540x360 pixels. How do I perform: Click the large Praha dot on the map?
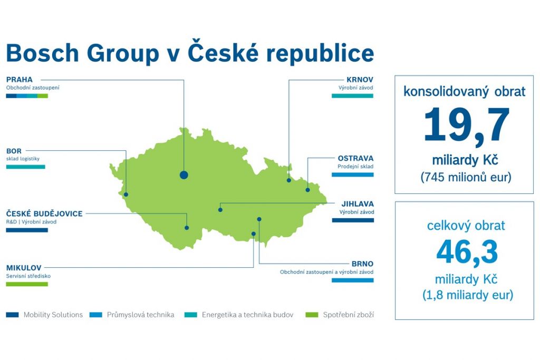click(184, 175)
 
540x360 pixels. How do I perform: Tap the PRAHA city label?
click(20, 80)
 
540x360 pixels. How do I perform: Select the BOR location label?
click(14, 151)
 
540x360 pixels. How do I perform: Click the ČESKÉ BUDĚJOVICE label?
click(44, 213)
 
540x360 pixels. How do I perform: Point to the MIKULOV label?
click(24, 268)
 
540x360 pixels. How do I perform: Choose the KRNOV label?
click(360, 80)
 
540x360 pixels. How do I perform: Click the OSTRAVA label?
click(355, 158)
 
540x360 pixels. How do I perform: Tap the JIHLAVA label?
click(358, 204)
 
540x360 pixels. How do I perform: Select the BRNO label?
click(362, 264)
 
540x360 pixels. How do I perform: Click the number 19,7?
click(466, 124)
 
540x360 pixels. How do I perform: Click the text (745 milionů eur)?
click(466, 177)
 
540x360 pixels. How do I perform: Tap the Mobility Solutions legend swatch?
click(13, 315)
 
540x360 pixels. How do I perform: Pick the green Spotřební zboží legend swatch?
click(312, 315)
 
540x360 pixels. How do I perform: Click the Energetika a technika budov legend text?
click(248, 315)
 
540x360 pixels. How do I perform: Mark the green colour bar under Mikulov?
click(27, 284)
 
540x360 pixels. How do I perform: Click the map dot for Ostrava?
click(308, 190)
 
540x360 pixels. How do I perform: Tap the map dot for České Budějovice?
click(187, 228)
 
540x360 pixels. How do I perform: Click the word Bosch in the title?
click(43, 53)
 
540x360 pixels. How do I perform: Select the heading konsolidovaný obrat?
click(465, 92)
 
